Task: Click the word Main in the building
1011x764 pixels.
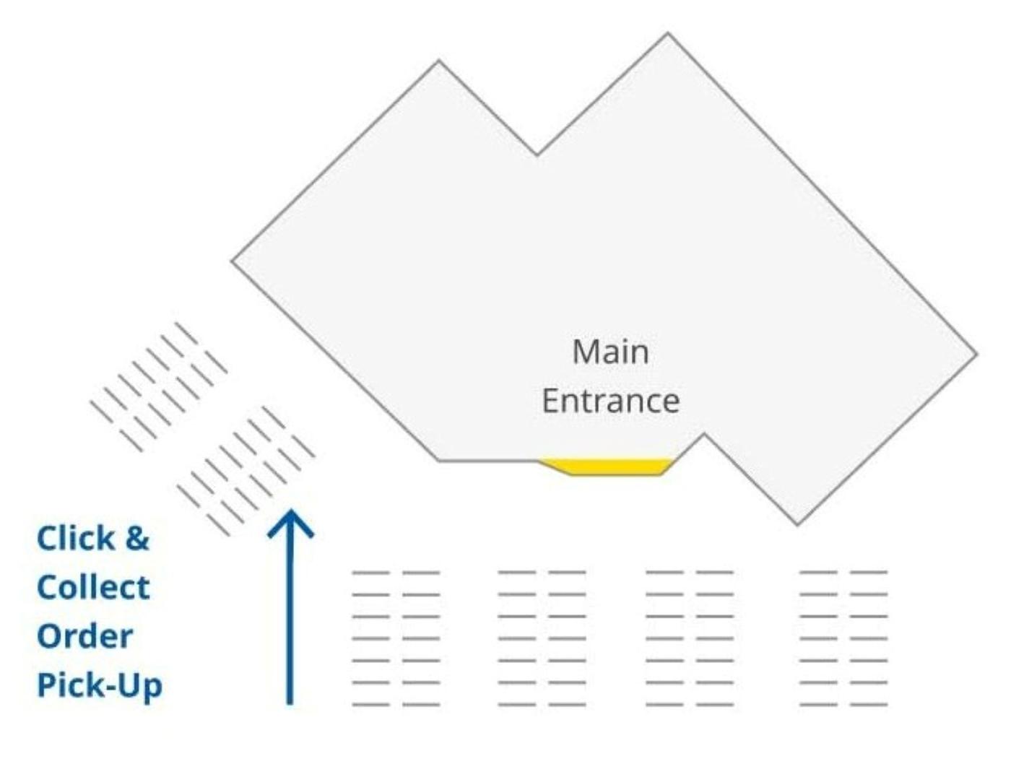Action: pos(610,352)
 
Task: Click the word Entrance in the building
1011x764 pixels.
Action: pos(610,401)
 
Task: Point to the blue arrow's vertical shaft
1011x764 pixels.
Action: pos(290,621)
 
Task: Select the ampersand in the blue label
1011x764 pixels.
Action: pos(136,539)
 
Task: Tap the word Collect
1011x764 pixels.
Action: pos(93,588)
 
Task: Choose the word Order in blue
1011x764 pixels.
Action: pos(84,637)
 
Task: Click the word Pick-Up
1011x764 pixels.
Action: pos(99,686)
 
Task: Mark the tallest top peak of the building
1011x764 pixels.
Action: pos(667,35)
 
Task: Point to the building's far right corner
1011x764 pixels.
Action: pos(976,354)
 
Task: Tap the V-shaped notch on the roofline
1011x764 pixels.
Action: pos(537,153)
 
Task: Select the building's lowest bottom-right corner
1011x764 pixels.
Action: pos(797,524)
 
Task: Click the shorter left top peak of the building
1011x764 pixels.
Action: pos(439,63)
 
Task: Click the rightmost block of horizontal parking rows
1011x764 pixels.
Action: pos(843,638)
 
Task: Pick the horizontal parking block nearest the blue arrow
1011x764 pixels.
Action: pos(396,638)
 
